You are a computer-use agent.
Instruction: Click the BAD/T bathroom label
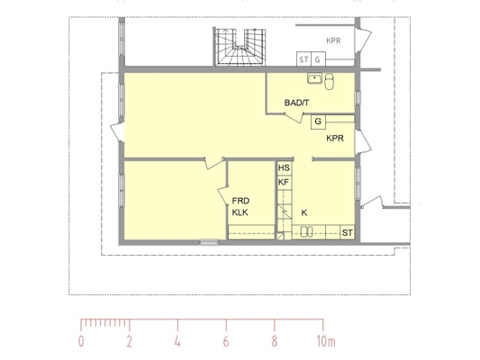(296, 103)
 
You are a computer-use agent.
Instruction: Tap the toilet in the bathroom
(330, 82)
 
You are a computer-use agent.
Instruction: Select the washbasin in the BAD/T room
(314, 78)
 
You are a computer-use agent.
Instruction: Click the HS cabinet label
(284, 168)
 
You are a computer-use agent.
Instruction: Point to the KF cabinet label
(284, 183)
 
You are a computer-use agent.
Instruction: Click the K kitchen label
(304, 213)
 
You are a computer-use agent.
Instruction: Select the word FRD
(240, 201)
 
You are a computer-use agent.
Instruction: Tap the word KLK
(240, 212)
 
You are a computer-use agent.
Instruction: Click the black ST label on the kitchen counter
(347, 233)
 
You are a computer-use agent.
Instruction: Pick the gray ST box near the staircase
(303, 59)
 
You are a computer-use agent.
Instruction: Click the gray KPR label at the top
(333, 40)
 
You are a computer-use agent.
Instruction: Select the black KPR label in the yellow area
(335, 139)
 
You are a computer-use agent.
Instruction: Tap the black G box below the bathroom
(318, 121)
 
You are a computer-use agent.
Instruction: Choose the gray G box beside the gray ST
(318, 59)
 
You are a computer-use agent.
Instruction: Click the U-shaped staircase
(240, 47)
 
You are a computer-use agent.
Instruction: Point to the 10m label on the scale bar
(326, 341)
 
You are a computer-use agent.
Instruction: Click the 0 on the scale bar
(81, 341)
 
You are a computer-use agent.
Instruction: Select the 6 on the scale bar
(226, 341)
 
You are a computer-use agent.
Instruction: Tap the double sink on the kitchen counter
(306, 231)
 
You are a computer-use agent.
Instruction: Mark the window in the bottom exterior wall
(209, 242)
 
